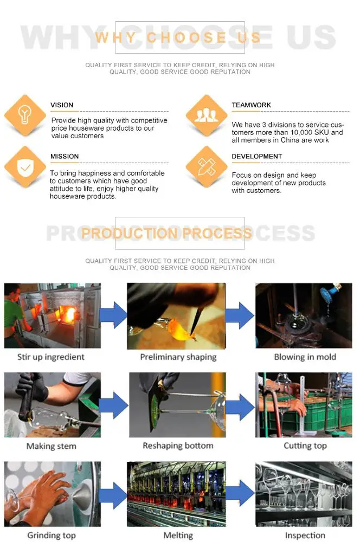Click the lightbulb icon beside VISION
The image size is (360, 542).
coord(25,115)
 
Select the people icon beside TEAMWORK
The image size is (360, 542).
coord(206,115)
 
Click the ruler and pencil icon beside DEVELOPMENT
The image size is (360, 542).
coord(207,166)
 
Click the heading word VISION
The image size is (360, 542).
coord(62,105)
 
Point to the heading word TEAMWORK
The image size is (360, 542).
coord(251,105)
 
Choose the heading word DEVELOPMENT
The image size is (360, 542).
coord(256,156)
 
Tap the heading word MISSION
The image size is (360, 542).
coord(65,156)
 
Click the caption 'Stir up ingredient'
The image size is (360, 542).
coord(51,357)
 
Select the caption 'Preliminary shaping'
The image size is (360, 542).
coord(178,357)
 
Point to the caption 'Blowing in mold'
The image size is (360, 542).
coord(305,357)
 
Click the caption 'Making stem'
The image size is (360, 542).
coord(51,446)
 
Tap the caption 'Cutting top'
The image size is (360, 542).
coord(305,446)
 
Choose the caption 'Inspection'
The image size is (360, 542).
coord(305,535)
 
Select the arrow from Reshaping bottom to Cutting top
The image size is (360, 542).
coord(240,405)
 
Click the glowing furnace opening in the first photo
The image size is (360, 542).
coord(68,314)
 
